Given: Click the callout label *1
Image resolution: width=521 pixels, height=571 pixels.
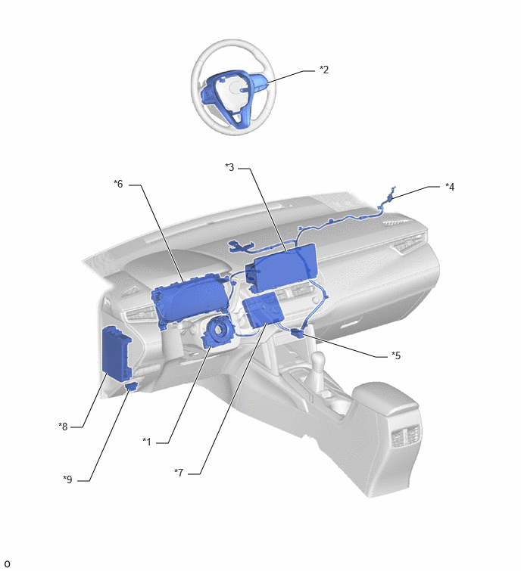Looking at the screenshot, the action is coord(147,442).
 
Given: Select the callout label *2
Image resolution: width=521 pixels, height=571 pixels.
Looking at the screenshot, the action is coord(324,70).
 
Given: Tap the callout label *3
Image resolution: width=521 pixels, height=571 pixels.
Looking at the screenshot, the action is coord(229,167).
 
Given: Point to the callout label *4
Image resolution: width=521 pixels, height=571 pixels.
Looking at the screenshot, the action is coord(450,187).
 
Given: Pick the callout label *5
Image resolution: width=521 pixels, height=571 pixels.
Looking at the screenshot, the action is coord(396,355).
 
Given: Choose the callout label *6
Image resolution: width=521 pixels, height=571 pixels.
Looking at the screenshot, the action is coord(118,184).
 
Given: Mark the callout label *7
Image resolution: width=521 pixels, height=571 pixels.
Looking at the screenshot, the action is coord(179,473).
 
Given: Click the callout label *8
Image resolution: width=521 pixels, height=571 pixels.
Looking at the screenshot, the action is coord(63,427).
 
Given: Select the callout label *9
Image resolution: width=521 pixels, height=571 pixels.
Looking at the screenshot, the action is coord(67,479).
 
